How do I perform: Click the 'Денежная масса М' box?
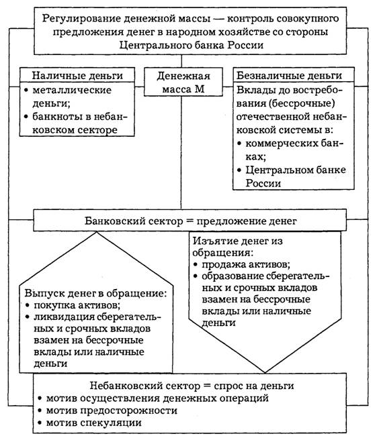coord(183,82)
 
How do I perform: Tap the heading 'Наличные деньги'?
coord(77,76)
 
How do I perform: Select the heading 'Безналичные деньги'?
coord(289,76)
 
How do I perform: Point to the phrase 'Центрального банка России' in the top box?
coord(192,45)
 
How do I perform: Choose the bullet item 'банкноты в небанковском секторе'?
coord(76,123)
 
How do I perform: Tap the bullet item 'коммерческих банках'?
coord(290,150)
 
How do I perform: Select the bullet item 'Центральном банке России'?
coord(292,176)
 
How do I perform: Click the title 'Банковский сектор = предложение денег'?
coord(191,221)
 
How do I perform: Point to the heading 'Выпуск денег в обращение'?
coord(95,293)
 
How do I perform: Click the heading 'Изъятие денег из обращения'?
coord(238,247)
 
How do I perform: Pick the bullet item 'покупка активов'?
coord(73,305)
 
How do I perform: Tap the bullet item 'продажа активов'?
coord(242,264)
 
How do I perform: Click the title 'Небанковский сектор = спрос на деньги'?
coord(192,386)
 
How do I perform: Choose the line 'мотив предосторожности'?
coord(108,410)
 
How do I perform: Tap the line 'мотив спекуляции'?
coord(90,423)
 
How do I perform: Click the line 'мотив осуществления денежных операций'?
coord(153,398)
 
